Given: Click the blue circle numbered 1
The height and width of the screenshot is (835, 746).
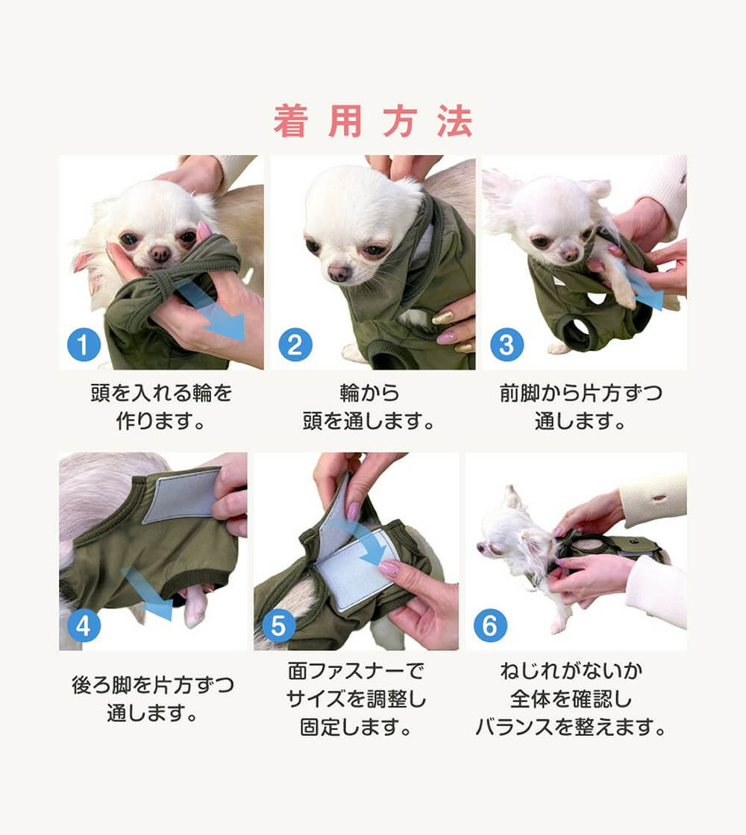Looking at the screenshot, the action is (x=84, y=344).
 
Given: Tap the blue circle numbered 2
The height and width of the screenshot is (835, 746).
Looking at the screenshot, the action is (x=295, y=344).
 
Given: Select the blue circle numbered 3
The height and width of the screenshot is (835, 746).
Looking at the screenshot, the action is (x=507, y=344).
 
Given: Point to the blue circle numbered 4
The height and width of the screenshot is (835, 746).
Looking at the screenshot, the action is (x=84, y=626).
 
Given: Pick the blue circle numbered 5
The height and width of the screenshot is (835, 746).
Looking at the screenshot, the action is (x=279, y=626).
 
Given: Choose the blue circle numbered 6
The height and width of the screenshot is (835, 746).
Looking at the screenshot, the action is (x=490, y=626).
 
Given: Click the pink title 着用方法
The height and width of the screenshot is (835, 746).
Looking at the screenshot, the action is (x=373, y=122).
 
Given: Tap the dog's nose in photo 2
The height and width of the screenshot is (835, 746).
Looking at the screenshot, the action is (x=339, y=273).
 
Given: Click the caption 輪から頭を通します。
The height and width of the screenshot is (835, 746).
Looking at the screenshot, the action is (x=369, y=407).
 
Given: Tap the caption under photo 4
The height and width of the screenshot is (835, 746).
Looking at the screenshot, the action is (x=153, y=699).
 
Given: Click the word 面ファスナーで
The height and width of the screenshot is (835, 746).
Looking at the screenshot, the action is (x=356, y=670).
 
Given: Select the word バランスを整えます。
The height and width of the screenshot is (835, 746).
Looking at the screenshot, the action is (x=571, y=726).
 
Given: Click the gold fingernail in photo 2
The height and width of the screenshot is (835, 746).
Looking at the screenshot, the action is (x=442, y=318).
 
